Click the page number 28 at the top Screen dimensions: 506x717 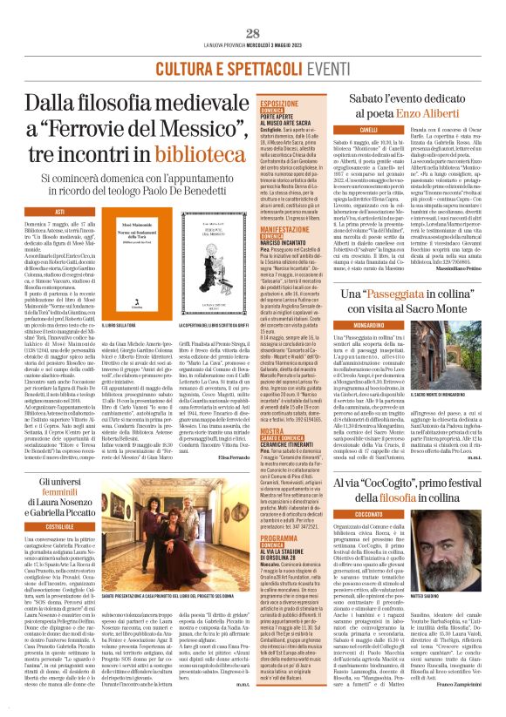[252, 10]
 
